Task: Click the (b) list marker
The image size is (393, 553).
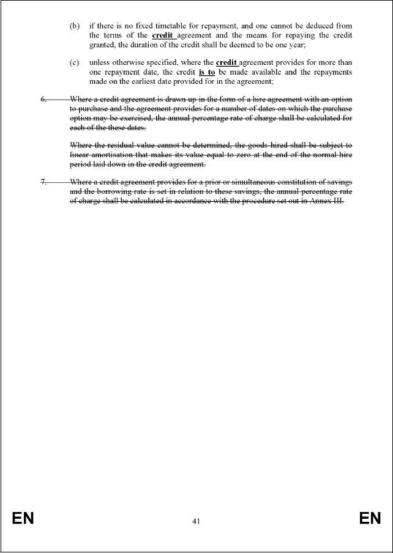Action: (74, 26)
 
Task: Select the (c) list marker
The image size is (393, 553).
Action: (74, 62)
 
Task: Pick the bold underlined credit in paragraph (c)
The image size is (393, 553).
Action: (226, 62)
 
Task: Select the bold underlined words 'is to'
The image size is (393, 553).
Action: (207, 72)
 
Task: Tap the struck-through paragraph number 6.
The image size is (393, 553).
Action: (43, 99)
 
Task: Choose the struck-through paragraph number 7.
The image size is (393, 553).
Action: (43, 182)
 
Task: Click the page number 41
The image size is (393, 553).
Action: (196, 521)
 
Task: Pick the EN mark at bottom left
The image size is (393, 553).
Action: (23, 519)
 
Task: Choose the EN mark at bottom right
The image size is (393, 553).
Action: (370, 519)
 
